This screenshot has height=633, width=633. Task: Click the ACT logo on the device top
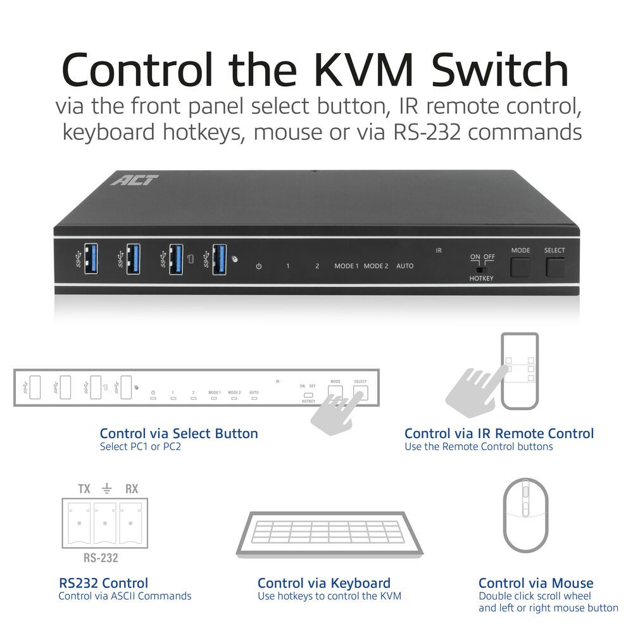point(135,180)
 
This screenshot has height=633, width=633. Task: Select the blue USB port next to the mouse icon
point(219,258)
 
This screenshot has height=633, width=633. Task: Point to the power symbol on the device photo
point(258,266)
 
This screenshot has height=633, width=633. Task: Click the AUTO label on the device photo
point(404,266)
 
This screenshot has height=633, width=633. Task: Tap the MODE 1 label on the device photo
point(346,266)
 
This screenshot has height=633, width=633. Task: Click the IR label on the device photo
point(439,251)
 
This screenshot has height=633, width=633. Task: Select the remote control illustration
point(519,371)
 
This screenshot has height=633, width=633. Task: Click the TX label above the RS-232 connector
point(84,489)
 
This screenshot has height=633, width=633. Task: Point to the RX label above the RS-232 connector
point(132,489)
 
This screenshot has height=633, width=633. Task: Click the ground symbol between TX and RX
point(108,488)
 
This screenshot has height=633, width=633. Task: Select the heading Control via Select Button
point(179,434)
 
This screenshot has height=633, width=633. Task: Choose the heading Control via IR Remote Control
point(499,434)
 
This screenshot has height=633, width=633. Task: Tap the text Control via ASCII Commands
point(125,596)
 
